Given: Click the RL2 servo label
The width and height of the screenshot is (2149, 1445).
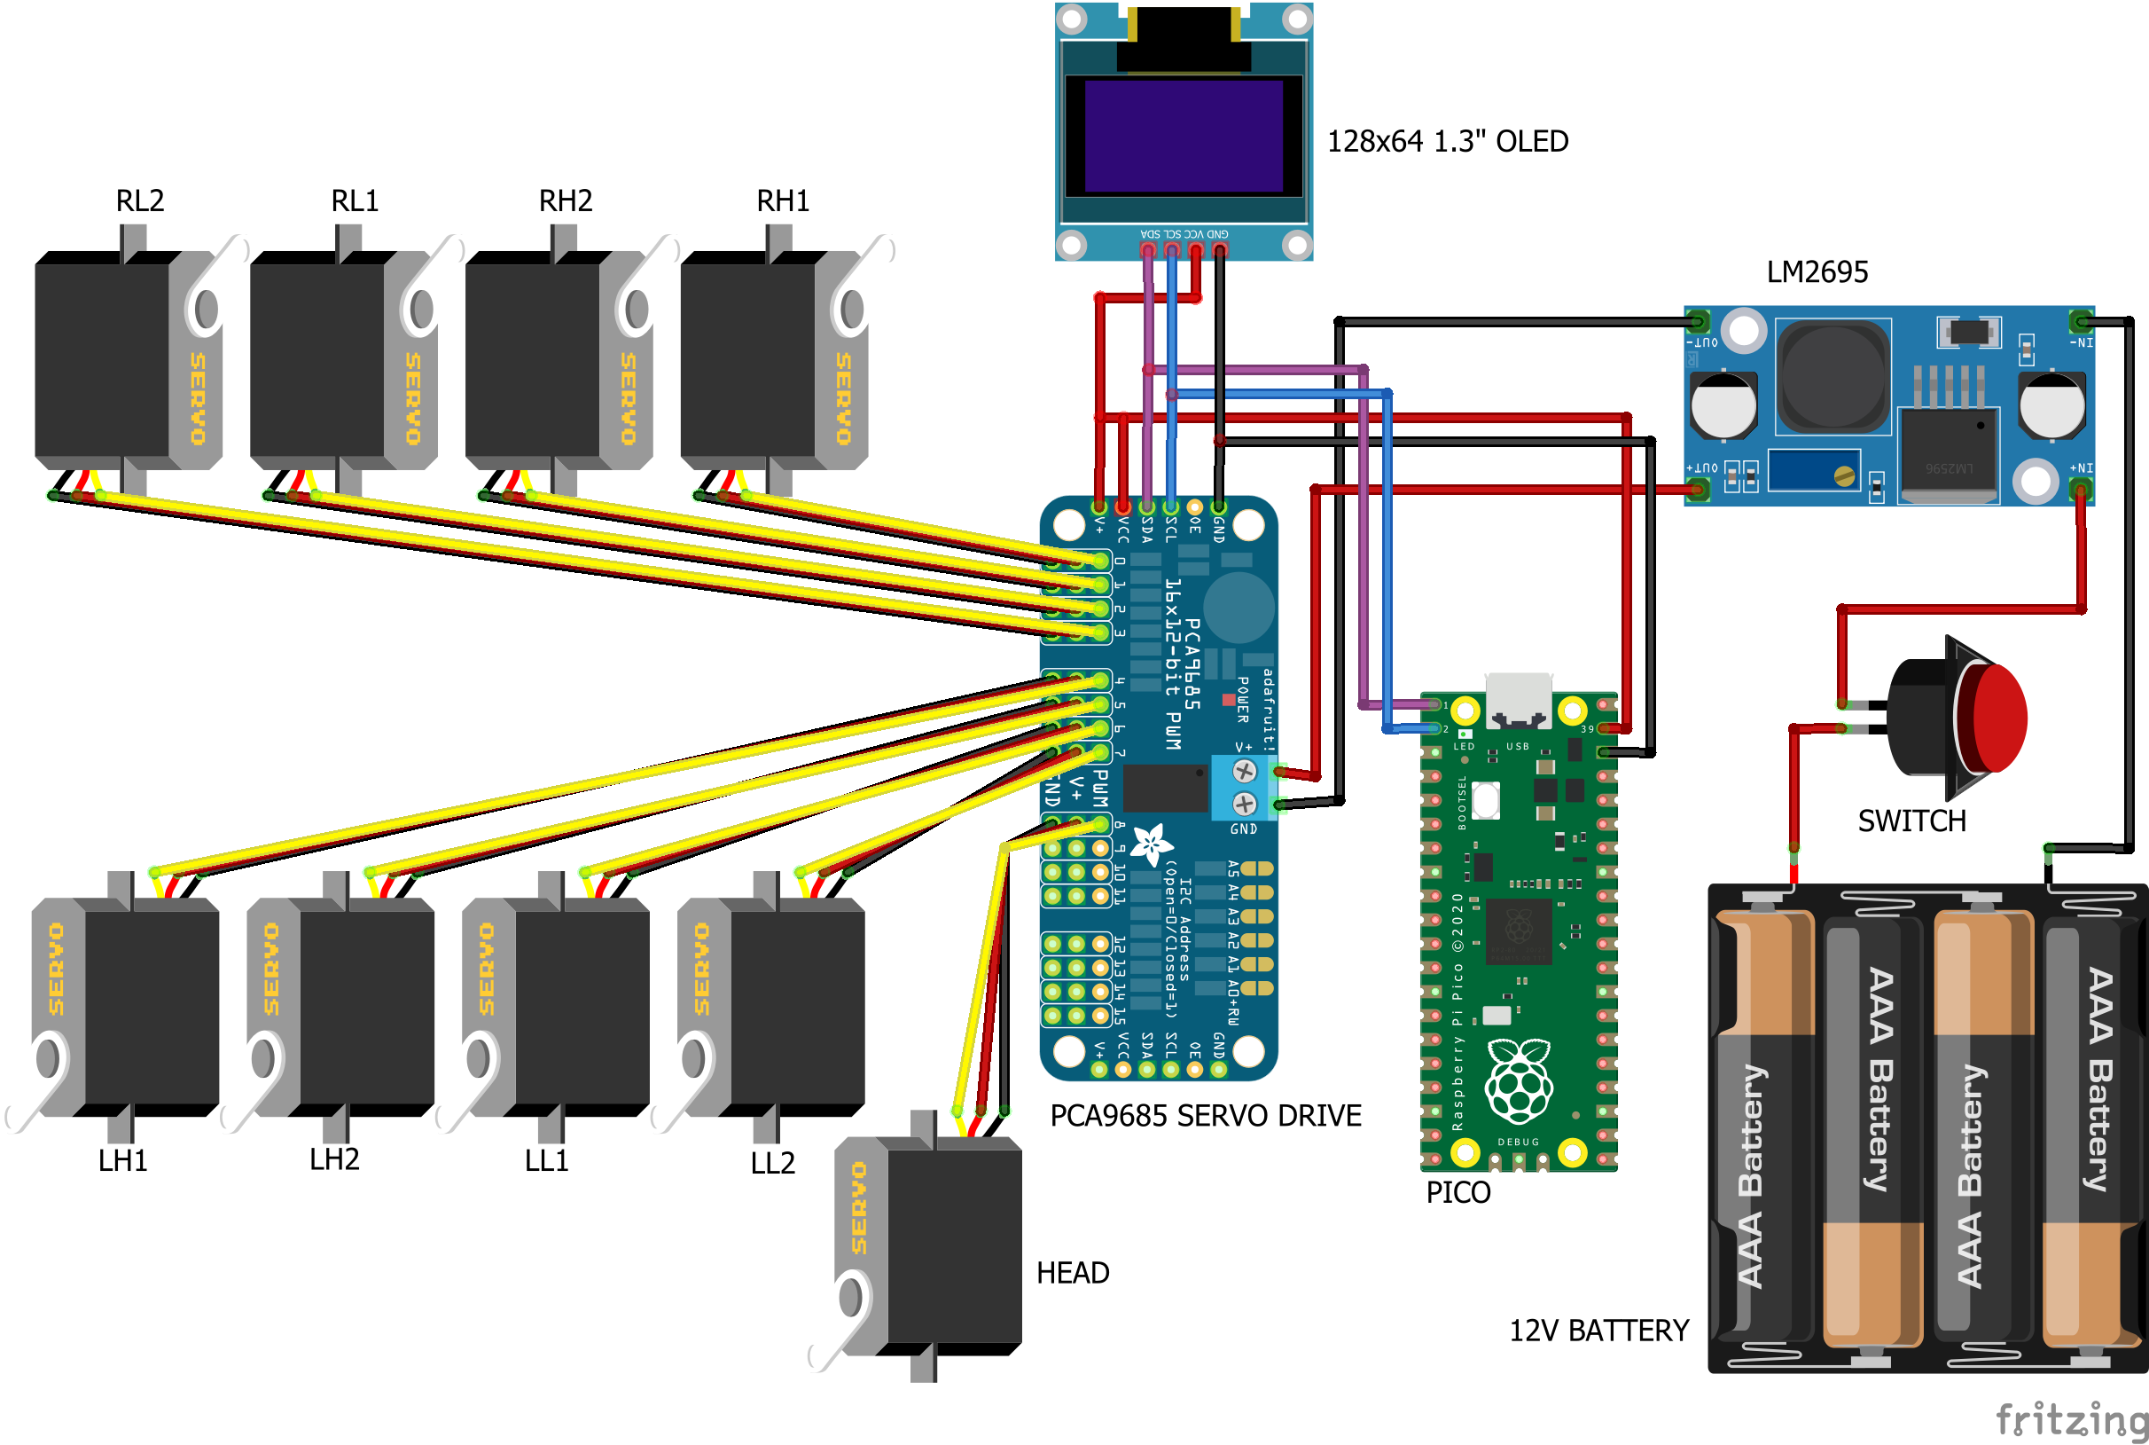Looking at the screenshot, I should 140,200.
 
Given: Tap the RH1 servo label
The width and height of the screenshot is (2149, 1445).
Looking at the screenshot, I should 783,200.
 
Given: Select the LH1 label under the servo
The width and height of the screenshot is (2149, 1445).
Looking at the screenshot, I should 122,1160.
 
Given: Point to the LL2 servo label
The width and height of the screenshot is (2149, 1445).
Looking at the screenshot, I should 772,1163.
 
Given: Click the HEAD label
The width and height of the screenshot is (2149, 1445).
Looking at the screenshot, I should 1072,1273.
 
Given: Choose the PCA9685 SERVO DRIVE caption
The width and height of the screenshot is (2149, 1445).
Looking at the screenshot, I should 1205,1116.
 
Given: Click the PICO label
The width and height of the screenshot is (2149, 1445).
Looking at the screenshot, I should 1457,1192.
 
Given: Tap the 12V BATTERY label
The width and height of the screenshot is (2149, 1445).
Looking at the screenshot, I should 1598,1331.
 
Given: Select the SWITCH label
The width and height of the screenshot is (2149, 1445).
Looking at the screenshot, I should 1911,821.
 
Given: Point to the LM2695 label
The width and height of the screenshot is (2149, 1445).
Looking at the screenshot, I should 1817,271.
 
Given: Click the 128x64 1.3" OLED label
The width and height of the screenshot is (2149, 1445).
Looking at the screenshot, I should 1447,141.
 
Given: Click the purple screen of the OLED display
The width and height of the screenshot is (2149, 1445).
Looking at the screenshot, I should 1184,136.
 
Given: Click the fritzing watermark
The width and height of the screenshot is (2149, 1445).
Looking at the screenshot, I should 2071,1419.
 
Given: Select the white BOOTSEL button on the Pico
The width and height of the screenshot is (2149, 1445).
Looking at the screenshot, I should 1485,800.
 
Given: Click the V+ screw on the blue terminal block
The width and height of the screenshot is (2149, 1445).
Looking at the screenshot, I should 1244,771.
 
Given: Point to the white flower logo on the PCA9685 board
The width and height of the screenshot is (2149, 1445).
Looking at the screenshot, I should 1151,844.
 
